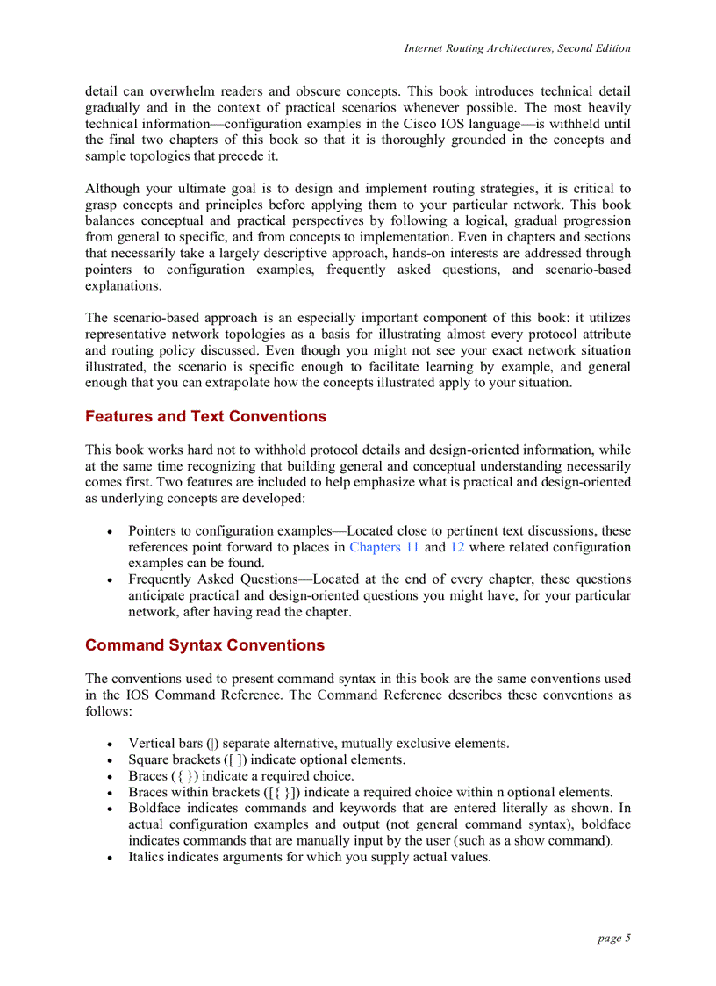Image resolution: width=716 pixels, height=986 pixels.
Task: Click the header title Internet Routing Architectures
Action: [x=517, y=48]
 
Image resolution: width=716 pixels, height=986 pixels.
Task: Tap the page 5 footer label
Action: [x=614, y=938]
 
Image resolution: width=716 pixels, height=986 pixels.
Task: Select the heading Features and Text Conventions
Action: [x=205, y=416]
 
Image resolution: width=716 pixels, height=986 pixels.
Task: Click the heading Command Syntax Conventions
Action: [x=204, y=645]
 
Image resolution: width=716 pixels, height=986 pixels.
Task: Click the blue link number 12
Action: [x=457, y=547]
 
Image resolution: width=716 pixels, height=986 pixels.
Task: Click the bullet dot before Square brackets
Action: [x=109, y=760]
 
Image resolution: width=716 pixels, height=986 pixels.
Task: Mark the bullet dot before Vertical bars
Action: [x=109, y=745]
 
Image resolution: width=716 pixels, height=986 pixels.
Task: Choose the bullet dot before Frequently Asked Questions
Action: [x=109, y=580]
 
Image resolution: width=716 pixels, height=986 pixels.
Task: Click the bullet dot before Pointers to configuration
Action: [x=109, y=532]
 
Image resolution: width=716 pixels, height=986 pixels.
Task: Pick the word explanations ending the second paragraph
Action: [x=123, y=286]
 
